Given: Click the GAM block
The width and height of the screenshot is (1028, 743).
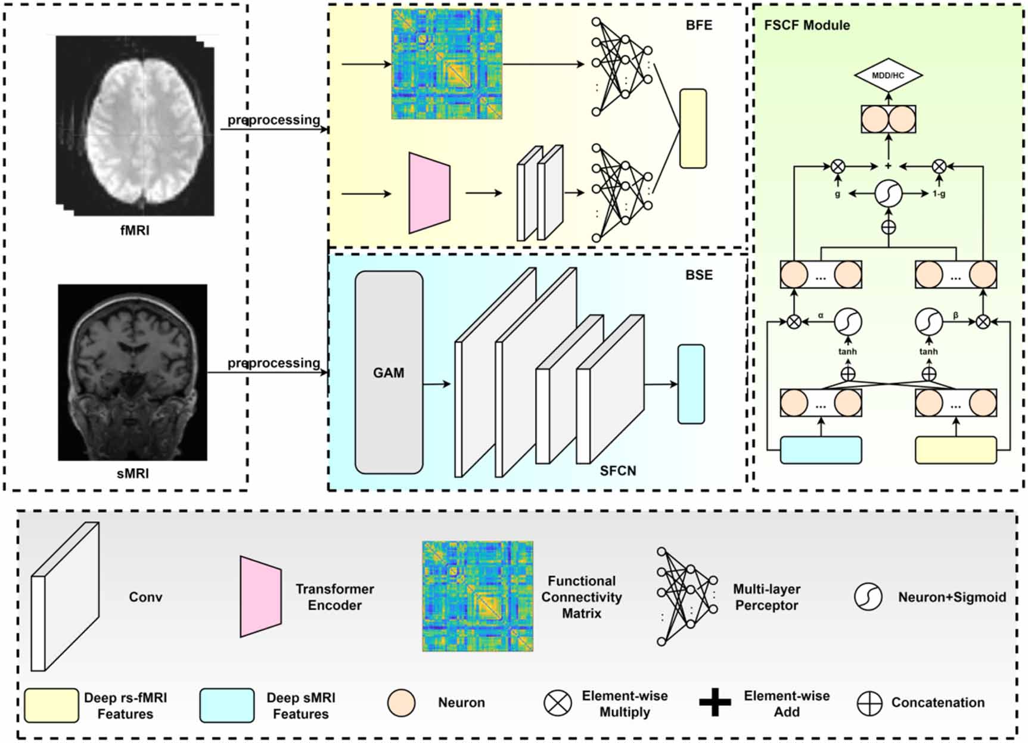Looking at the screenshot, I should point(389,373).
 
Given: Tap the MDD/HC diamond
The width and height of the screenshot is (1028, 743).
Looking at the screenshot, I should point(888,76).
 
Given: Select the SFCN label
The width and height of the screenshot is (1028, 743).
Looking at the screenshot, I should point(617,471).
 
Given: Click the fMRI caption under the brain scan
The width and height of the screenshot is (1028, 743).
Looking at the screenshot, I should point(135,230).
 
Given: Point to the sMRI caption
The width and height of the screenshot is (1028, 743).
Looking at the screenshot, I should point(132,474).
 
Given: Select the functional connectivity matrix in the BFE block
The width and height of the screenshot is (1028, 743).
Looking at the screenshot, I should point(446,64).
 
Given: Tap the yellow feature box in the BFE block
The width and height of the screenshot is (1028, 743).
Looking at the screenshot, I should point(692,129).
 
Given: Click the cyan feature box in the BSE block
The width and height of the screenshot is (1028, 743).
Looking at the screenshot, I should point(691,384).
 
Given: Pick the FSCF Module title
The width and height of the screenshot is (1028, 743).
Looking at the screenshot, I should point(806,26).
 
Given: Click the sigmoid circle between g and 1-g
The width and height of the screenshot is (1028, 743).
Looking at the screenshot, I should point(888,194).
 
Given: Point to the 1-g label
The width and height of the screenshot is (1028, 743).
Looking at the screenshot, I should point(939,194).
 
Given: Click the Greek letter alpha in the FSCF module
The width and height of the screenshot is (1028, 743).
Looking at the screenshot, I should point(821,316).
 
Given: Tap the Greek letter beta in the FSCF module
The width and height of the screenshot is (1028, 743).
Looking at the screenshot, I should point(955,316).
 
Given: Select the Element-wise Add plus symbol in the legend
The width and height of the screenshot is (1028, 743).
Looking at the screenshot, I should point(715,703).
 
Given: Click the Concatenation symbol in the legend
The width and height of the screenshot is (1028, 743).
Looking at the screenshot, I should point(869,704).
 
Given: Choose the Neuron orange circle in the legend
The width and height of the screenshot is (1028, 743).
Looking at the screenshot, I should point(401,703).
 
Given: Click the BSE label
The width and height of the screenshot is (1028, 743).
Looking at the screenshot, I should point(698,275).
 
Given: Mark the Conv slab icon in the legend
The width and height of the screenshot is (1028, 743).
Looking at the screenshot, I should point(64,597).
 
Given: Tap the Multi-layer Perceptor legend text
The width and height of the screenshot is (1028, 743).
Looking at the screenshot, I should point(766,597).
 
